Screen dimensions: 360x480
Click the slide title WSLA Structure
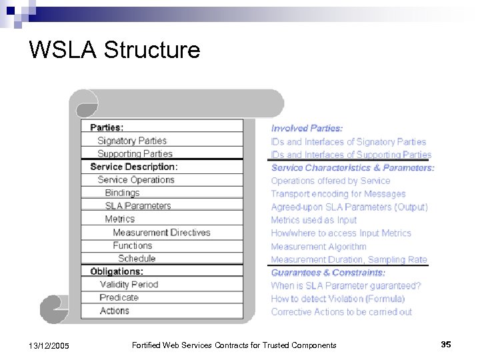[x=115, y=49]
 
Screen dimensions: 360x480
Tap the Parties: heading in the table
[x=107, y=127]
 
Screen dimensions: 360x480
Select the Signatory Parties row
[x=132, y=141]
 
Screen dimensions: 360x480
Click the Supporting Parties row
[x=135, y=153]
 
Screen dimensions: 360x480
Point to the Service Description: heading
[x=134, y=167]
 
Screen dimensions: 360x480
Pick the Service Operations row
[x=136, y=179]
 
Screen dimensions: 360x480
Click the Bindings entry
[x=123, y=193]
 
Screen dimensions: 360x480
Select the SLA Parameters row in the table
[x=138, y=206]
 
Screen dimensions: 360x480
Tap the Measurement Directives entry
[x=161, y=233]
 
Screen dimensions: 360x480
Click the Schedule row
[x=137, y=259]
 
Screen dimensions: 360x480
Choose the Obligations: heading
[x=117, y=271]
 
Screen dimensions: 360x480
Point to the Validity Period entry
[x=129, y=285]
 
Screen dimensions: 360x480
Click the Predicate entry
[x=119, y=297]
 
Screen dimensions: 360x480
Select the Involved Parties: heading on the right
[x=307, y=128]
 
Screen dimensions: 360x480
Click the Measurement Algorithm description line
[x=319, y=246]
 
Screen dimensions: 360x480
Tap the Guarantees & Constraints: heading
[x=328, y=272]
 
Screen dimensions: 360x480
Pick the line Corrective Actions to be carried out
[x=341, y=311]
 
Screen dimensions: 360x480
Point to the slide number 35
[x=446, y=344]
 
